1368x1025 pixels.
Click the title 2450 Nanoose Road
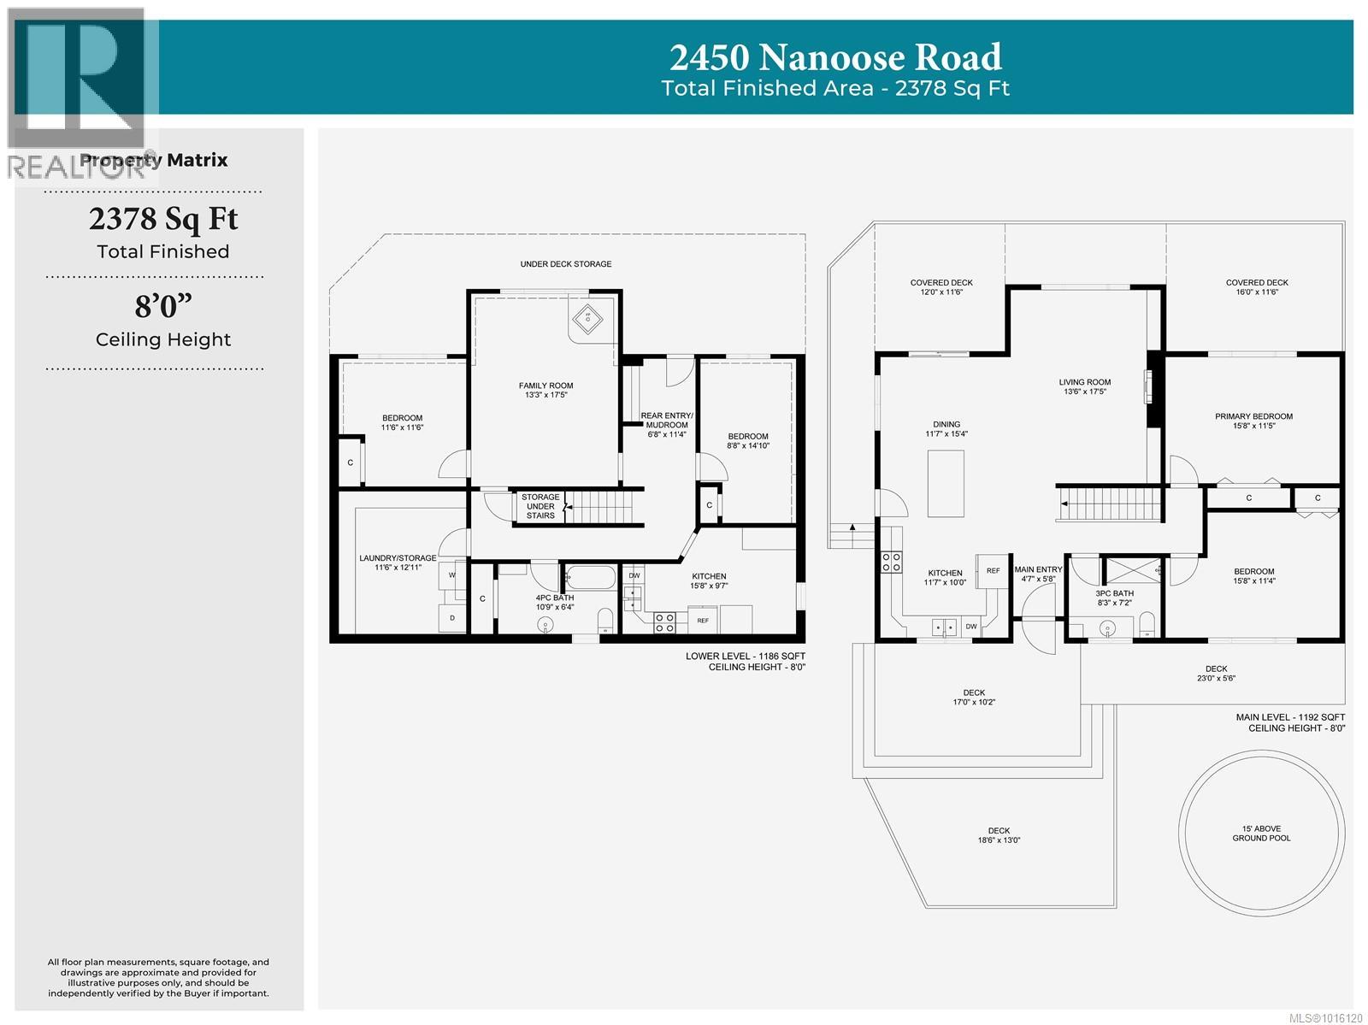click(x=835, y=57)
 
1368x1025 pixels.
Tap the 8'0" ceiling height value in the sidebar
click(x=163, y=305)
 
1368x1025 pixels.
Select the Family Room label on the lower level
click(x=545, y=390)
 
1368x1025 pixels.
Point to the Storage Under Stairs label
click(x=540, y=506)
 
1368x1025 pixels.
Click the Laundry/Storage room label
click(x=398, y=563)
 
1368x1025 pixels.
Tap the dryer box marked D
click(x=452, y=617)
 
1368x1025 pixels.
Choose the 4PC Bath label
click(x=555, y=602)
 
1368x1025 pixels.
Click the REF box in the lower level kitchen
click(x=703, y=620)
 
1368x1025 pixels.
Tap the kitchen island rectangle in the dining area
click(x=946, y=483)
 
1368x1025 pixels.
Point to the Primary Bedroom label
click(x=1253, y=421)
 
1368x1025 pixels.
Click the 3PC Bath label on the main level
click(x=1114, y=598)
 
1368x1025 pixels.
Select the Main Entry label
click(x=1038, y=574)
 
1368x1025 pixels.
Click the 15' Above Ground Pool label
click(x=1261, y=834)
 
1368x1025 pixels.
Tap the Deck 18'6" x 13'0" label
click(x=999, y=835)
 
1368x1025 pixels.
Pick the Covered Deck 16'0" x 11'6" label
click(x=1257, y=287)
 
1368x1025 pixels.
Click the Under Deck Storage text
click(x=566, y=264)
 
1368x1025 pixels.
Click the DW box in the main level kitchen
click(x=971, y=627)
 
